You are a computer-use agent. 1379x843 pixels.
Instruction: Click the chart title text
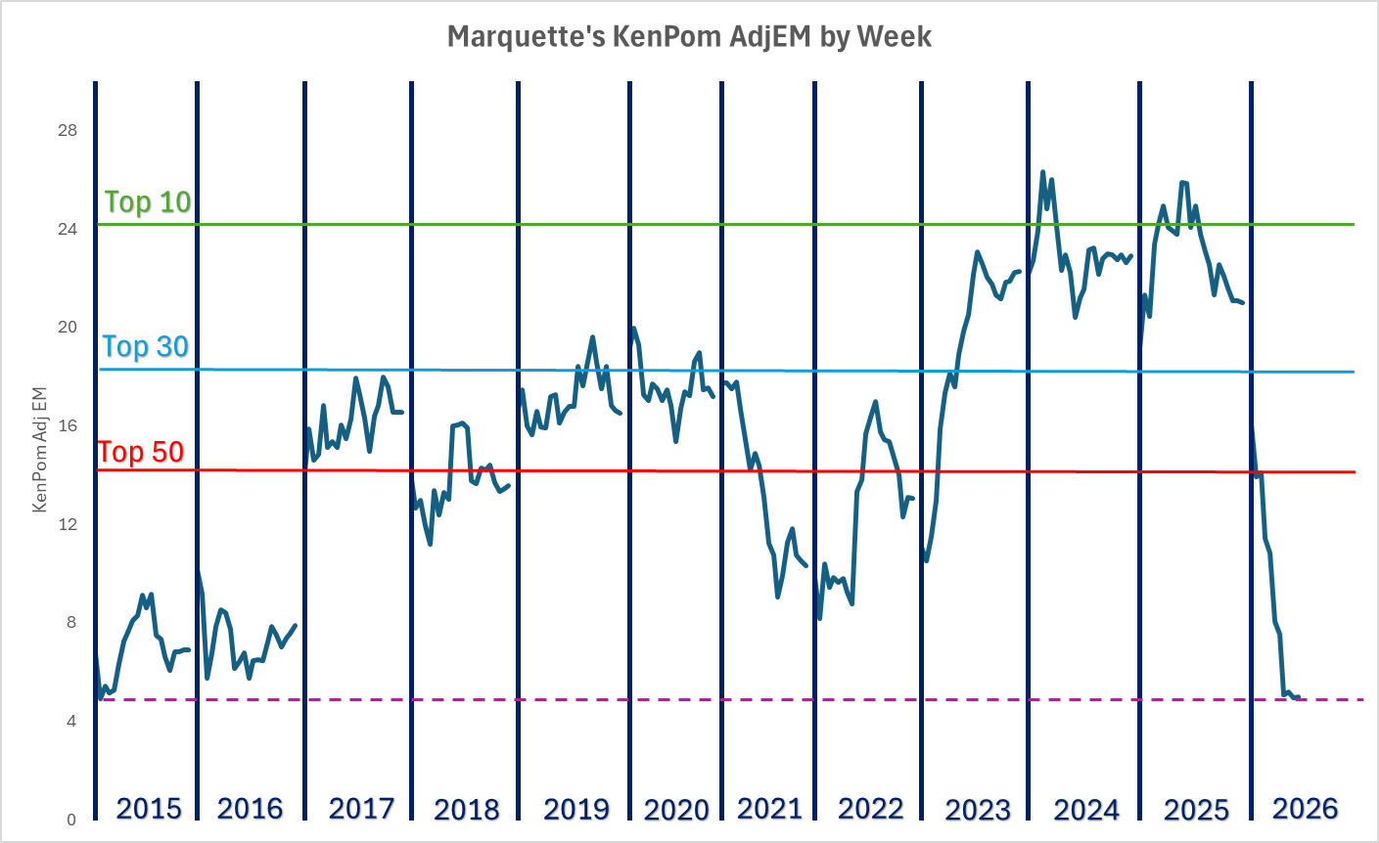689,37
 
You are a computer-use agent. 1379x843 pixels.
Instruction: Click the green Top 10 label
148,201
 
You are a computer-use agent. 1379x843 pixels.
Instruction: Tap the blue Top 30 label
145,346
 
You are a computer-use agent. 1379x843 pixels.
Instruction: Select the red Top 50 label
141,452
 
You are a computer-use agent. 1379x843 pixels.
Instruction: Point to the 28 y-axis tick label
69,130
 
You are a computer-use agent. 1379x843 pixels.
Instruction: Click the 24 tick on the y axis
69,229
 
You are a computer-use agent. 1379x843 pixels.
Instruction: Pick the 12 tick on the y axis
69,524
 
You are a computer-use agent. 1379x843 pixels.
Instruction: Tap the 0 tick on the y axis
71,820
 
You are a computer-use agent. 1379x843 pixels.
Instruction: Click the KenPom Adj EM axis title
40,449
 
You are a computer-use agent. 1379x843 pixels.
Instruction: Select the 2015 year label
149,809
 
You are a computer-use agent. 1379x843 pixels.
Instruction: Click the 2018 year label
466,810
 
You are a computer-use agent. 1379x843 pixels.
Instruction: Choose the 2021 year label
769,809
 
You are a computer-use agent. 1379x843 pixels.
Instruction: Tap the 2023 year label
978,810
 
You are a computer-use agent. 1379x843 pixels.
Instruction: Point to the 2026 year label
1305,809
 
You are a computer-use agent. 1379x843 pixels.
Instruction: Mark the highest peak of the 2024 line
1042,172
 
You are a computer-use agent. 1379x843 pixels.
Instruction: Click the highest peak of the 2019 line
592,337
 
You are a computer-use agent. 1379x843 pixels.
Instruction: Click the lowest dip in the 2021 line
777,597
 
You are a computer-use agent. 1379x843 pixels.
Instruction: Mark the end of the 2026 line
1299,697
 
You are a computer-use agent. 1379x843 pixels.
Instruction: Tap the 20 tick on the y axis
69,327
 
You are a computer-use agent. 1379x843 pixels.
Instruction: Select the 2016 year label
250,809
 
